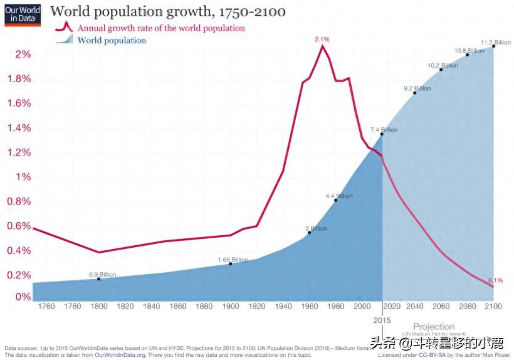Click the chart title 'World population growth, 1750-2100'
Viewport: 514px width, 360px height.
click(x=168, y=12)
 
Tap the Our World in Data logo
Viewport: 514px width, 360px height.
click(x=23, y=13)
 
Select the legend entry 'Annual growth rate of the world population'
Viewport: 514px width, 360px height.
click(x=160, y=28)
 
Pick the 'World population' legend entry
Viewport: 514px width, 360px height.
click(x=112, y=40)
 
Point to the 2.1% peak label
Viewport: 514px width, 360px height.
click(x=322, y=39)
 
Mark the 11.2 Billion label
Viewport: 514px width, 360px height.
click(x=495, y=43)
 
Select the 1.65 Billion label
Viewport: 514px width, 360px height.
click(x=233, y=260)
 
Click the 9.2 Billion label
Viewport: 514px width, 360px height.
click(x=417, y=88)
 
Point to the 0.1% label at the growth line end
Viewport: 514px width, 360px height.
click(x=495, y=280)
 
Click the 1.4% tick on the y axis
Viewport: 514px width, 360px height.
click(x=19, y=128)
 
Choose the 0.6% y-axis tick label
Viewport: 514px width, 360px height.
click(x=19, y=226)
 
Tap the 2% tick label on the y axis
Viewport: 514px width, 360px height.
click(x=23, y=55)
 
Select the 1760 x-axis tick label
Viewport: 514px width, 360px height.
click(x=46, y=306)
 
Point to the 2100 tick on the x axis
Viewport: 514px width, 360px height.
click(x=493, y=306)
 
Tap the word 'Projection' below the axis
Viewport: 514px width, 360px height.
click(x=434, y=327)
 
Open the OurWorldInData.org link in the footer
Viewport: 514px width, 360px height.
click(x=120, y=354)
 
